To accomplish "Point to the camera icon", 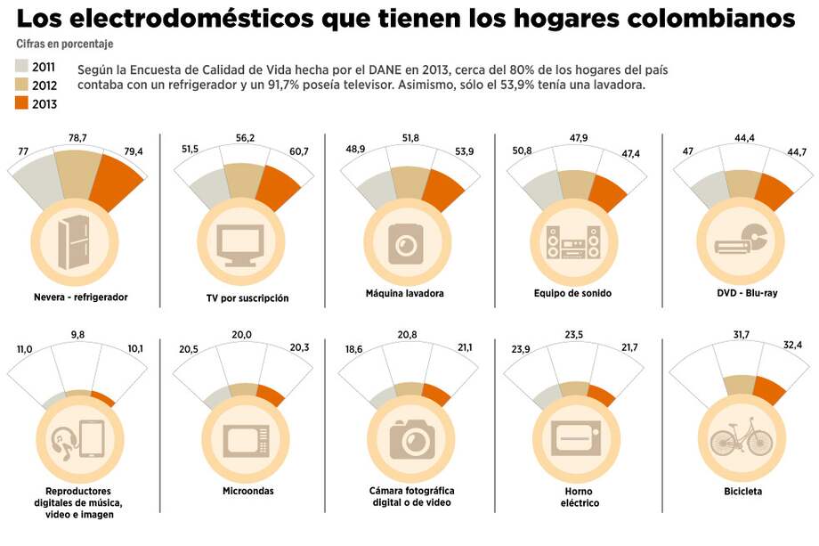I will pos(410,436).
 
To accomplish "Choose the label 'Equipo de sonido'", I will pos(572,293).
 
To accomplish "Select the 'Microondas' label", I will pos(247,491).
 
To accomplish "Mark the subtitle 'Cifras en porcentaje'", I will pos(65,44).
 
